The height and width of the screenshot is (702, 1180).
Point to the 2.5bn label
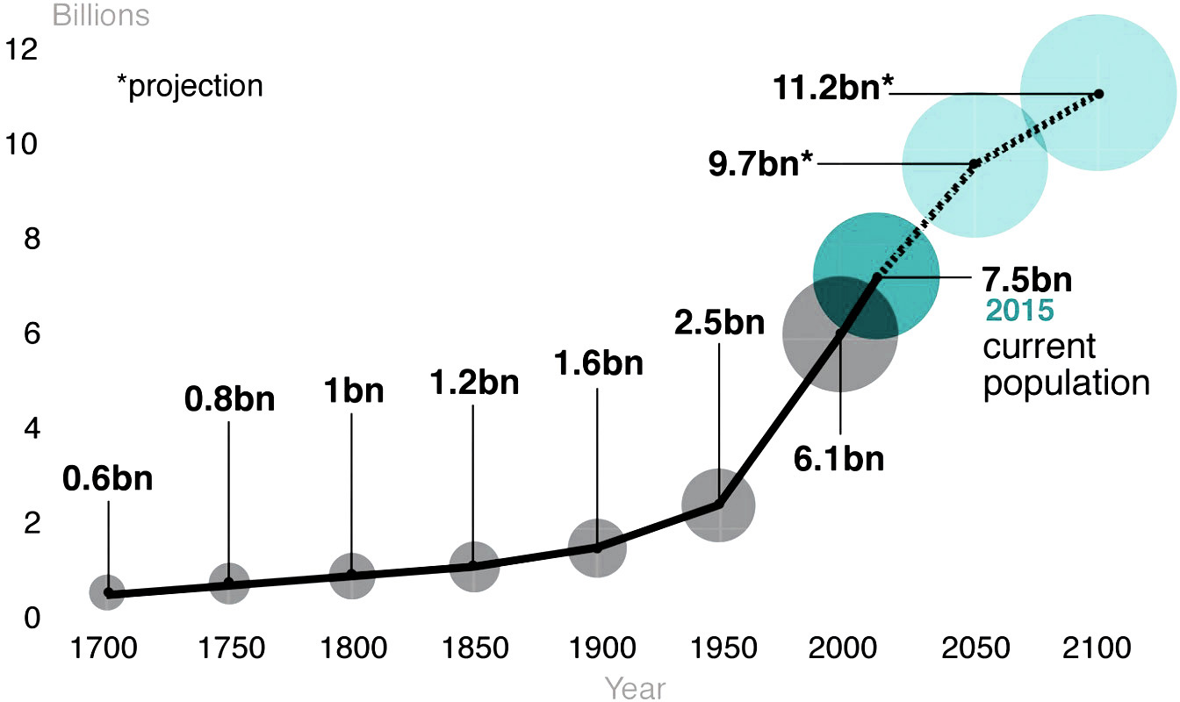[x=719, y=322]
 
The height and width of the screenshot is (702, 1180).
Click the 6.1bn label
[x=839, y=458]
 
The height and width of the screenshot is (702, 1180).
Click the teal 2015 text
[x=1018, y=311]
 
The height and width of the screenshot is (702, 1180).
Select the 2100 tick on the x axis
[x=1096, y=648]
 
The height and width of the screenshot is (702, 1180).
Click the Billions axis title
[x=101, y=15]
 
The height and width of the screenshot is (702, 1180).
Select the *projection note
[x=190, y=86]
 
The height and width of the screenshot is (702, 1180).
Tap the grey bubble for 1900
[x=598, y=548]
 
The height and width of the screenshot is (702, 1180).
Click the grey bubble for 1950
[x=719, y=505]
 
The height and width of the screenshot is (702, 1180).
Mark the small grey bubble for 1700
[x=107, y=592]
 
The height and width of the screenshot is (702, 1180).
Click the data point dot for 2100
[x=1098, y=93]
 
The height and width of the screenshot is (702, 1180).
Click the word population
[x=1066, y=383]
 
